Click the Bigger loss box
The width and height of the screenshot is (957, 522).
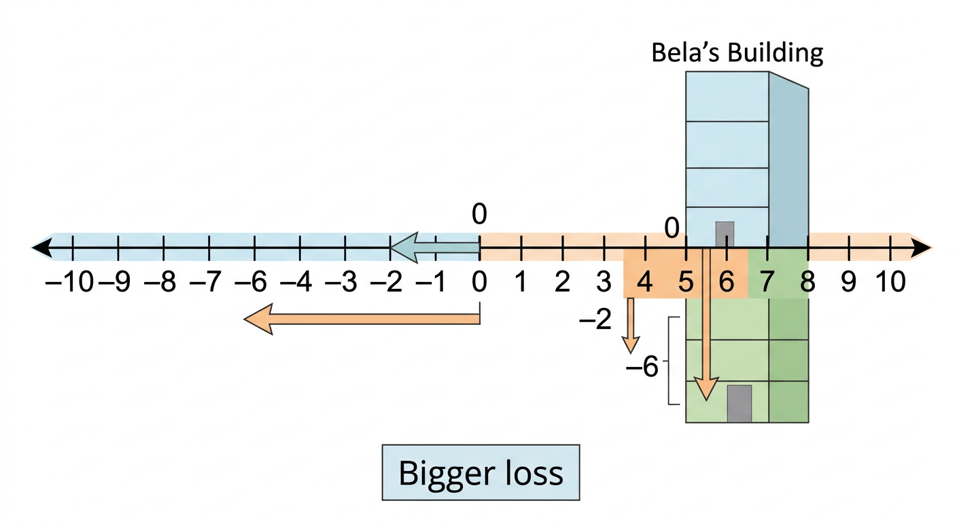point(481,472)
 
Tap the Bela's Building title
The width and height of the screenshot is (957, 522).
point(737,52)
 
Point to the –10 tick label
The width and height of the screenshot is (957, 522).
point(69,282)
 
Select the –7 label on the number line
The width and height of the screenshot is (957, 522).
point(205,282)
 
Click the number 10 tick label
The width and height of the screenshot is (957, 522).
point(890,282)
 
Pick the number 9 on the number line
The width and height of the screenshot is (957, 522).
point(848,282)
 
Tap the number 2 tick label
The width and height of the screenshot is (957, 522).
point(562,282)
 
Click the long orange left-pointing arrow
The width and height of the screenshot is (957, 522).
point(362,319)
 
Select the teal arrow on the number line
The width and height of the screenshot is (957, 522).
point(434,247)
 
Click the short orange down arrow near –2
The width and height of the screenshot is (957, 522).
point(630,326)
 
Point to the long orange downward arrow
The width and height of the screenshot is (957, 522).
point(706,325)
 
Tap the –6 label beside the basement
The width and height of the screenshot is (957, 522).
point(642,366)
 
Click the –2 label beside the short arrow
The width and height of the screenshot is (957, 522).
point(595,319)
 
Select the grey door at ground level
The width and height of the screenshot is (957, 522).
point(725,234)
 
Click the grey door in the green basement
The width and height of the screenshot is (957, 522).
point(739,404)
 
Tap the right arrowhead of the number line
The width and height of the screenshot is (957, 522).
point(922,248)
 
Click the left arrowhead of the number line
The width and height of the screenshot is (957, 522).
point(42,248)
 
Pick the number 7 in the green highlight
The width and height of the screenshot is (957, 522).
point(767,282)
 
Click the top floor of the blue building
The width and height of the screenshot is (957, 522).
point(727,97)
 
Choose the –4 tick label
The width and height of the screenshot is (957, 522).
point(296,282)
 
